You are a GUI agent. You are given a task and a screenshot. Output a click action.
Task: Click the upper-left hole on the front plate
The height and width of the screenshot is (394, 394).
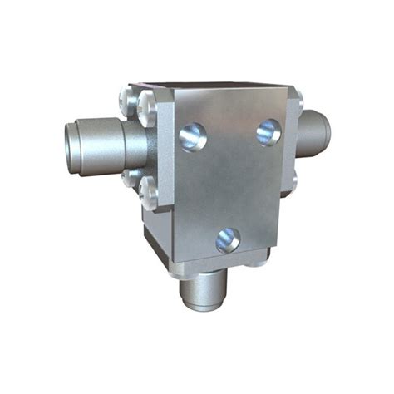click(x=192, y=135)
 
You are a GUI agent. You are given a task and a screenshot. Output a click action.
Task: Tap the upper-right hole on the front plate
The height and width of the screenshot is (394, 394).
click(x=268, y=131)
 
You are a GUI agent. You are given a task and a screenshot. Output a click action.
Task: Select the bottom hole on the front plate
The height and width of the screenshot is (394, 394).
click(x=227, y=240)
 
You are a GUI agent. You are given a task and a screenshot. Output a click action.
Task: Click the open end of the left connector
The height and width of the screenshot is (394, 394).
click(x=74, y=142)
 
